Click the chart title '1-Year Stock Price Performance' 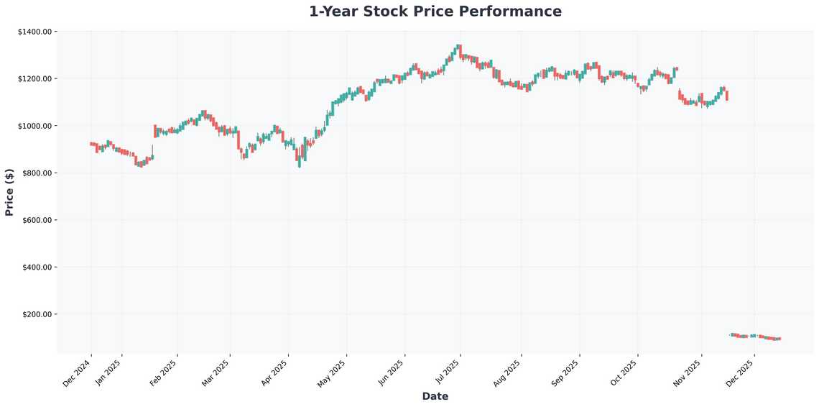tap(435, 12)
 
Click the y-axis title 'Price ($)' tap(9, 192)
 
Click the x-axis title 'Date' tap(435, 396)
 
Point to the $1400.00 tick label tap(34, 32)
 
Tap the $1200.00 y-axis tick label tap(34, 78)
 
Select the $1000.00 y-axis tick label tap(34, 126)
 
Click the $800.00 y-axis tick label tap(37, 173)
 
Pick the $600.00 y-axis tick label tap(37, 220)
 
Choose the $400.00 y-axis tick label tap(37, 267)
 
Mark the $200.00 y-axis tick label tap(37, 314)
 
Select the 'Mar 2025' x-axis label tap(218, 372)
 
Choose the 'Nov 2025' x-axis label tap(689, 372)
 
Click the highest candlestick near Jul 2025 tap(458, 49)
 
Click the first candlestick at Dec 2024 tap(91, 144)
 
